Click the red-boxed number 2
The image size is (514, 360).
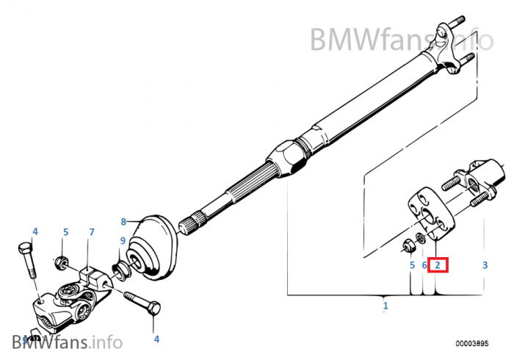click(x=437, y=264)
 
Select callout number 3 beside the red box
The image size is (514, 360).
click(x=484, y=264)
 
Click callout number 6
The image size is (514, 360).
click(x=424, y=264)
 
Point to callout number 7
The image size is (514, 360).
click(x=92, y=233)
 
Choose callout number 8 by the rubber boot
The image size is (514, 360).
click(x=123, y=221)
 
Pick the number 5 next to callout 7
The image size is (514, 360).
click(x=65, y=233)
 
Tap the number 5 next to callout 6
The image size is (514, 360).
click(x=412, y=264)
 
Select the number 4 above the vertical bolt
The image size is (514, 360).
click(x=35, y=231)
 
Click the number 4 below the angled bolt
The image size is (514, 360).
click(x=156, y=339)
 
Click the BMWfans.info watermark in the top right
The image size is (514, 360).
click(x=401, y=39)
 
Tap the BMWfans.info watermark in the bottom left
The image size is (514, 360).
click(x=66, y=341)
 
